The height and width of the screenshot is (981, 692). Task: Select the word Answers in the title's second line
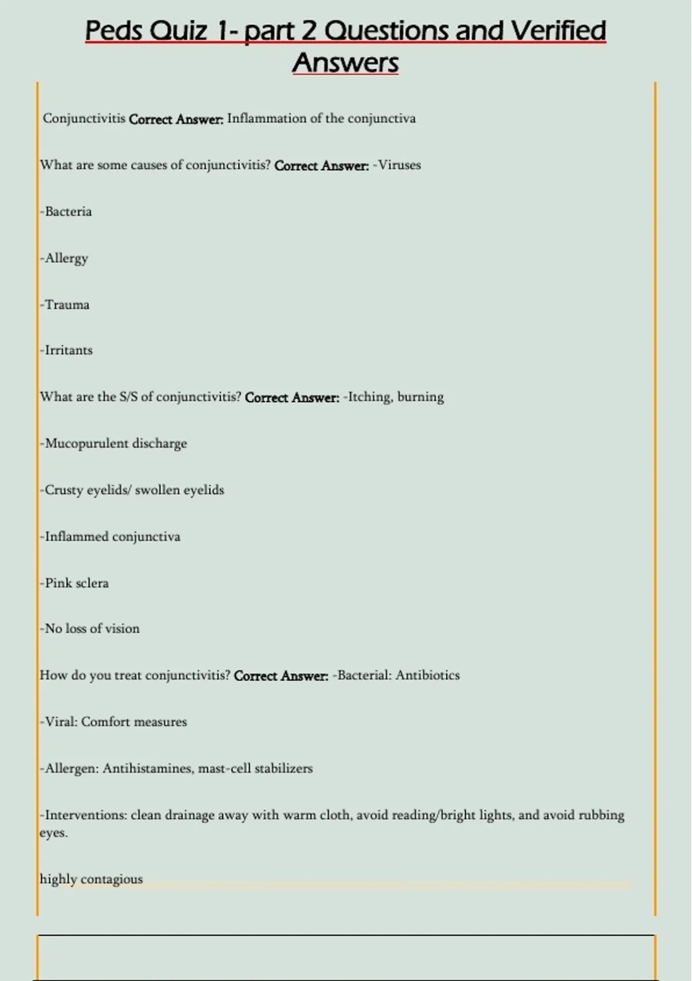point(345,62)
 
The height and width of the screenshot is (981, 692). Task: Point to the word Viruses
point(399,165)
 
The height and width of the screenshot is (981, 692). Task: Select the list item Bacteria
point(68,211)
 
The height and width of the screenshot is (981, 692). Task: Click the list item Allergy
point(66,258)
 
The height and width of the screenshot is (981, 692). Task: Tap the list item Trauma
point(67,305)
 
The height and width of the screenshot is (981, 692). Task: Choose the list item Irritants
point(69,350)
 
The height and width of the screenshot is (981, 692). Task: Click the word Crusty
point(64,490)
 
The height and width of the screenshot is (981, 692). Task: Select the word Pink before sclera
point(58,583)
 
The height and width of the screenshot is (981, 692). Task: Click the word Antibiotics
point(427,675)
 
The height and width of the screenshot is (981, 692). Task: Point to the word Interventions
point(86,815)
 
